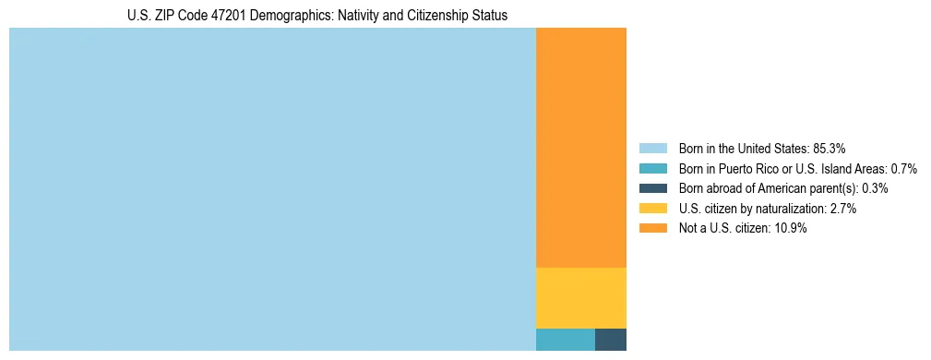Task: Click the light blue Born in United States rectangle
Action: pos(272,189)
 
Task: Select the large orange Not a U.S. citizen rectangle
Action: pos(581,148)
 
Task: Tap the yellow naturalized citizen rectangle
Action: pos(581,297)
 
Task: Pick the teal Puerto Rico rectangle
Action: pos(566,339)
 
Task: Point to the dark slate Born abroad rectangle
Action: pos(611,339)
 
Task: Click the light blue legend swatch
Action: pos(653,148)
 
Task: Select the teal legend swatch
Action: pos(653,168)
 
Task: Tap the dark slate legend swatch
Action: pos(653,188)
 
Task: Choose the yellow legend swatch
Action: pos(653,209)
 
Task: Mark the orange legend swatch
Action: pos(653,229)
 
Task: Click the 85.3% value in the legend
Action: pos(830,148)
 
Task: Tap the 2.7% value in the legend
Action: pos(843,209)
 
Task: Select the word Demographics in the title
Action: pos(284,16)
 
